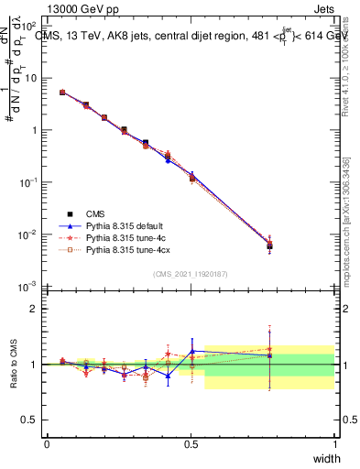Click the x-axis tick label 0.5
[x=191, y=443]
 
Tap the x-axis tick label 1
[x=334, y=443]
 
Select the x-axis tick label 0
[x=47, y=443]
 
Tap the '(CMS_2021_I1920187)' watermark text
[x=191, y=274]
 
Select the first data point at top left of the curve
[x=62, y=93]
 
